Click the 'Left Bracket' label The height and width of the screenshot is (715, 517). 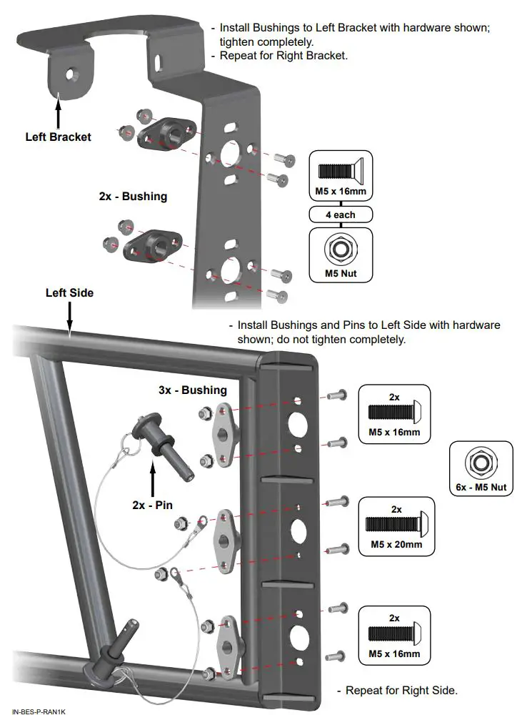tap(58, 137)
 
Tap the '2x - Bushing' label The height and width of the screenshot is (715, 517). tap(133, 196)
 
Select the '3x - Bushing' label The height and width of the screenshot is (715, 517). tap(193, 390)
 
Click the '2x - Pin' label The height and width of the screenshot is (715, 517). tap(153, 504)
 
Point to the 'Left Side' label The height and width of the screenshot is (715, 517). tap(69, 292)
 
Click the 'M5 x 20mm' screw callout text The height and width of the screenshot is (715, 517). tap(398, 544)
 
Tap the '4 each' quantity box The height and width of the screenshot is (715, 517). tap(341, 214)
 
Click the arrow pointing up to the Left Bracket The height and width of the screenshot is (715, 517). tap(57, 114)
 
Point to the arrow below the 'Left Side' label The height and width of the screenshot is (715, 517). tap(69, 316)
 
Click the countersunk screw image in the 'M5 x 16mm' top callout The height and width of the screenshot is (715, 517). tap(341, 171)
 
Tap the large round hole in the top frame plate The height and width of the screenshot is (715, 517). tap(297, 423)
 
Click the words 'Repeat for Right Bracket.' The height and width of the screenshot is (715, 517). tap(283, 55)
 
